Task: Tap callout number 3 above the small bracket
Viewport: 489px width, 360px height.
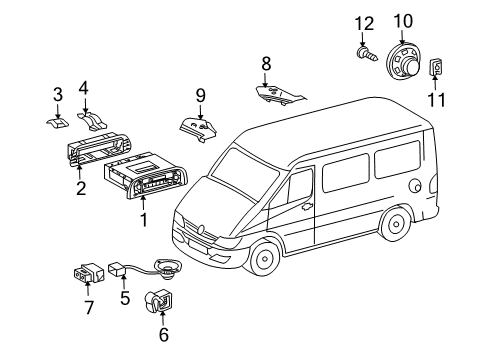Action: (x=58, y=96)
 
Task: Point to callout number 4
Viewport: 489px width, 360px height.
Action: (x=85, y=87)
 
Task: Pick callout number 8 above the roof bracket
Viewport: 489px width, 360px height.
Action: (x=266, y=64)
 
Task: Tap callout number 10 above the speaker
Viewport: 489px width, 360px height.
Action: (x=402, y=19)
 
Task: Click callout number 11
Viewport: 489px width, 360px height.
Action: (x=437, y=100)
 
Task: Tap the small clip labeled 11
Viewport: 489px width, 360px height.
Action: (x=437, y=69)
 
